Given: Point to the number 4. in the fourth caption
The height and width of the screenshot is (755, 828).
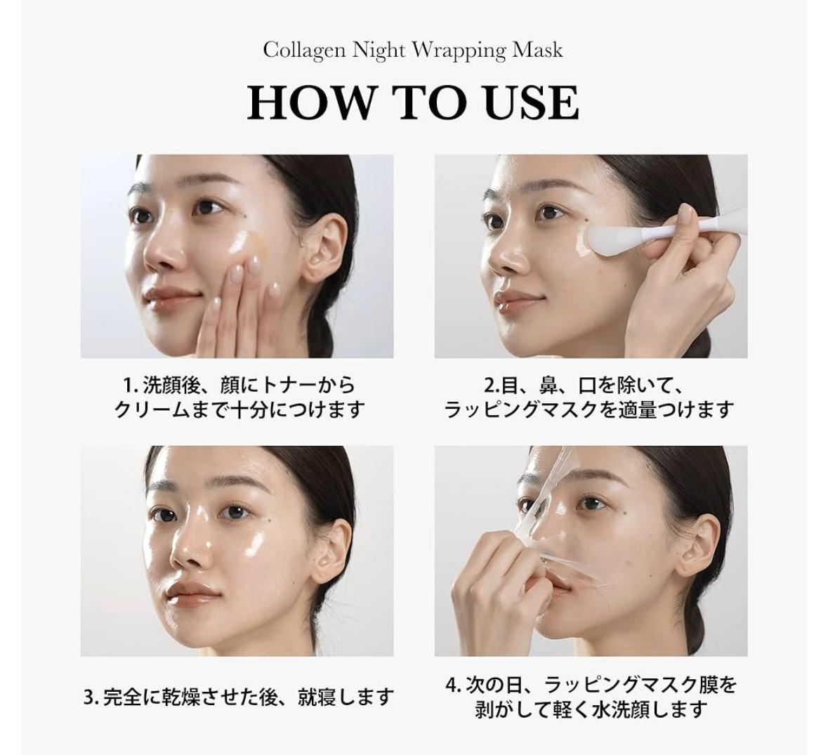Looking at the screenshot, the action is [454, 686].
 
